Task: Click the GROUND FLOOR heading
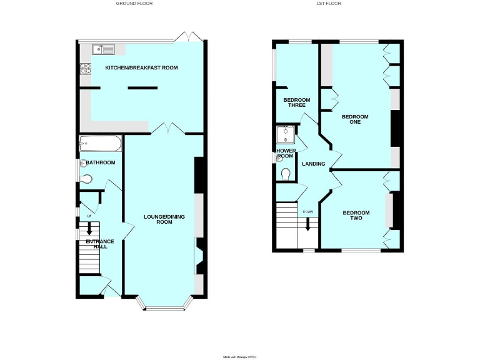[134, 4]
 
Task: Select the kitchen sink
[102, 49]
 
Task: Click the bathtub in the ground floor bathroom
[100, 145]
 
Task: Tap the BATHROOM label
[101, 163]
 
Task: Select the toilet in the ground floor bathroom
[87, 179]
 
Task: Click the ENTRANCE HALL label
[97, 244]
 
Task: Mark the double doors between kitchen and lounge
[167, 128]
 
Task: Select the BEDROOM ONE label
[355, 119]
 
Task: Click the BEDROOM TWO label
[356, 216]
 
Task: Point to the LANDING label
[314, 164]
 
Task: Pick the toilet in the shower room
[286, 173]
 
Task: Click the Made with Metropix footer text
[240, 357]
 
